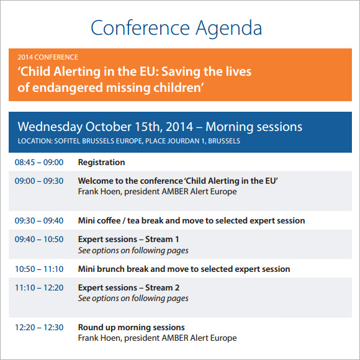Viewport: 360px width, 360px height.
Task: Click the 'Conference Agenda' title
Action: [176, 28]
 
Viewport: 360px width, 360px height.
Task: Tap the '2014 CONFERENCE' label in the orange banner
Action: [48, 58]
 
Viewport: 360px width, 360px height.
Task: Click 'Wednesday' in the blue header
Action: [50, 127]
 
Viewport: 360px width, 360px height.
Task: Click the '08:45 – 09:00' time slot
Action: [39, 163]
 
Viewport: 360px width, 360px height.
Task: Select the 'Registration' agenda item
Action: [101, 163]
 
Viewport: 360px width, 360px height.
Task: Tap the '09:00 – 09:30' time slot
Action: [39, 181]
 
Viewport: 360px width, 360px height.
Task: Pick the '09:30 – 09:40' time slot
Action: [39, 220]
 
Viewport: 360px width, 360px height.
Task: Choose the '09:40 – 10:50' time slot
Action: [39, 239]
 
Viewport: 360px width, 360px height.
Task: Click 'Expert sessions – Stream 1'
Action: [128, 239]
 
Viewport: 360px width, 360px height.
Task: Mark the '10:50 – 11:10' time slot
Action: [39, 269]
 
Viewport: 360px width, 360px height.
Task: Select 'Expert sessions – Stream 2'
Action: [128, 287]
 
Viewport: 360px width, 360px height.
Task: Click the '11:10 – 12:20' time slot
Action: [39, 287]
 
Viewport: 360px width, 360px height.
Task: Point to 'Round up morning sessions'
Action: [131, 327]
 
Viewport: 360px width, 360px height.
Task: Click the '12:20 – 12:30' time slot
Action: [39, 327]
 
